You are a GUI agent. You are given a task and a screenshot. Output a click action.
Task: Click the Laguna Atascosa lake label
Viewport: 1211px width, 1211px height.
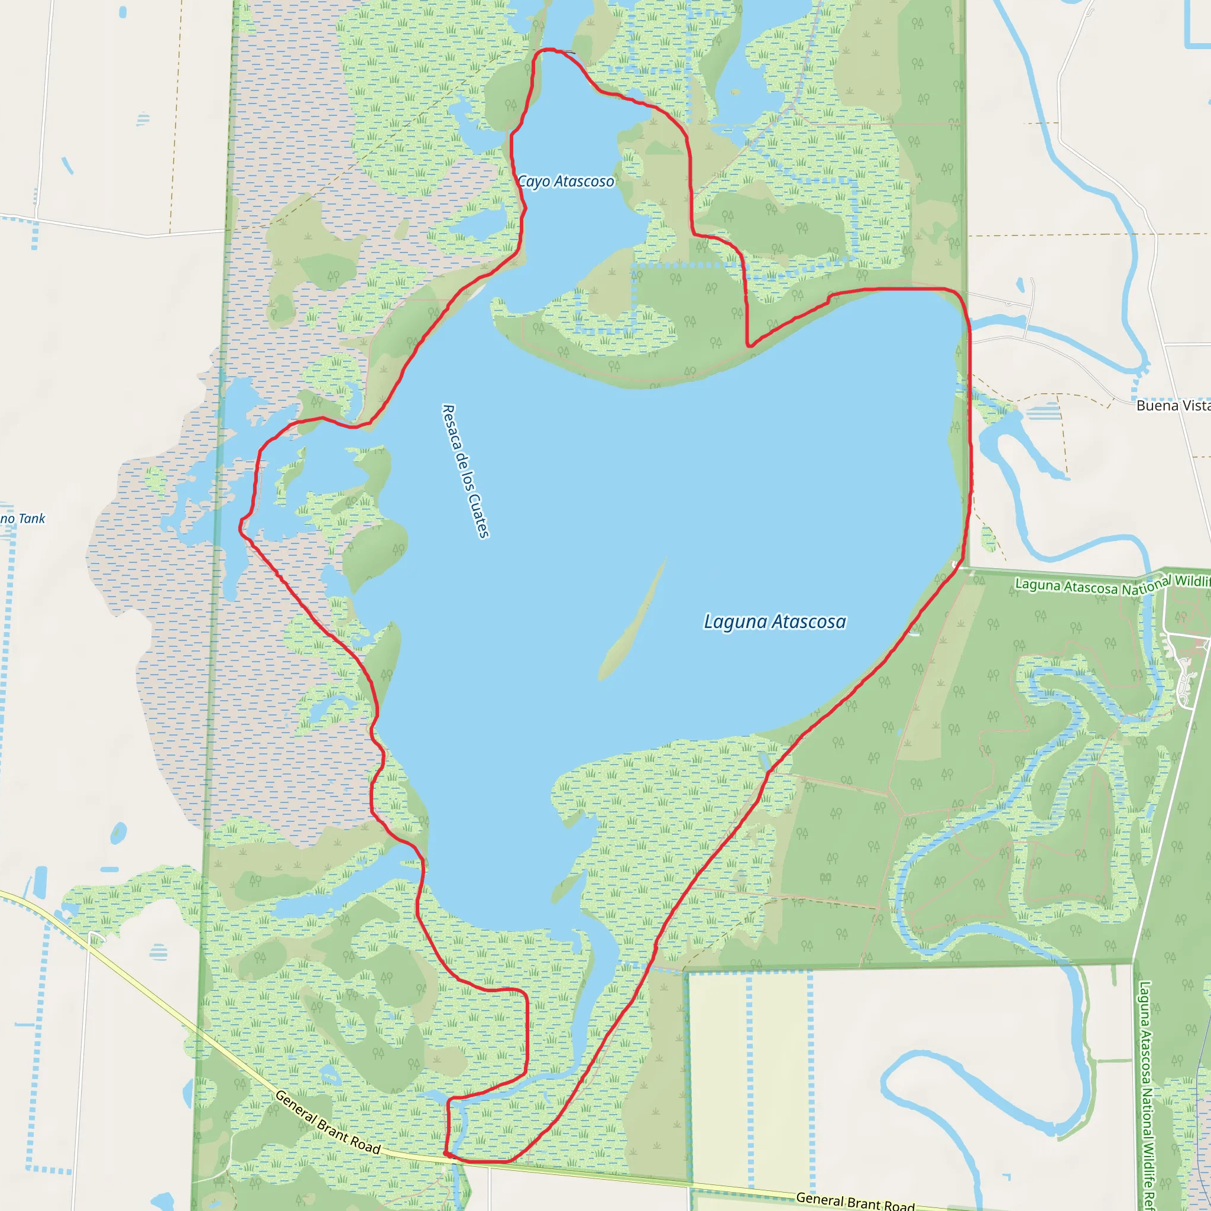click(x=775, y=622)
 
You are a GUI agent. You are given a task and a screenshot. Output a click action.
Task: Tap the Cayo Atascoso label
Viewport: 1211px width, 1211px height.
click(x=565, y=181)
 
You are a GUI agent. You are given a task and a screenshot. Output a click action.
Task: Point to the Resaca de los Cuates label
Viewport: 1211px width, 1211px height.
click(x=466, y=471)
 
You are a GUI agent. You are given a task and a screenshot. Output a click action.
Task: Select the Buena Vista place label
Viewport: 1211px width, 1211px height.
click(x=1173, y=406)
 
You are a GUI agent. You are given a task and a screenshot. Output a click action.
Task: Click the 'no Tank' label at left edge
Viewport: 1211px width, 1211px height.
click(x=22, y=519)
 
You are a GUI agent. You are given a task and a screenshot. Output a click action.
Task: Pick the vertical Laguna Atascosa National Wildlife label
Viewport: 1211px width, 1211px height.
click(x=1147, y=1094)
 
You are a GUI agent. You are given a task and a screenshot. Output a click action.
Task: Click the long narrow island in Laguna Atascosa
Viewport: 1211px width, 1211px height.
click(x=633, y=620)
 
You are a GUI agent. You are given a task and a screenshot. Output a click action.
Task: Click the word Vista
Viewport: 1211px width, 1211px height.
click(x=1194, y=406)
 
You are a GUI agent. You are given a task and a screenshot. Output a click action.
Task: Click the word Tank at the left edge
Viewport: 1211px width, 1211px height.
click(x=32, y=519)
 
